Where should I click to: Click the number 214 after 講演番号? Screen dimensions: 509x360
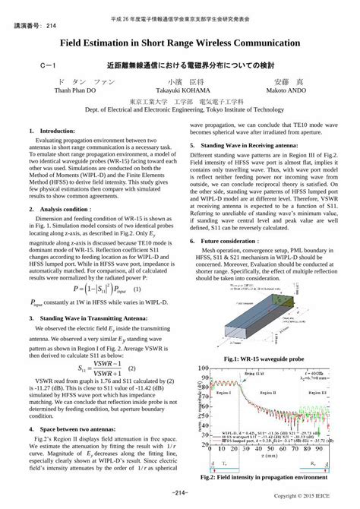[x=50, y=25]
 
